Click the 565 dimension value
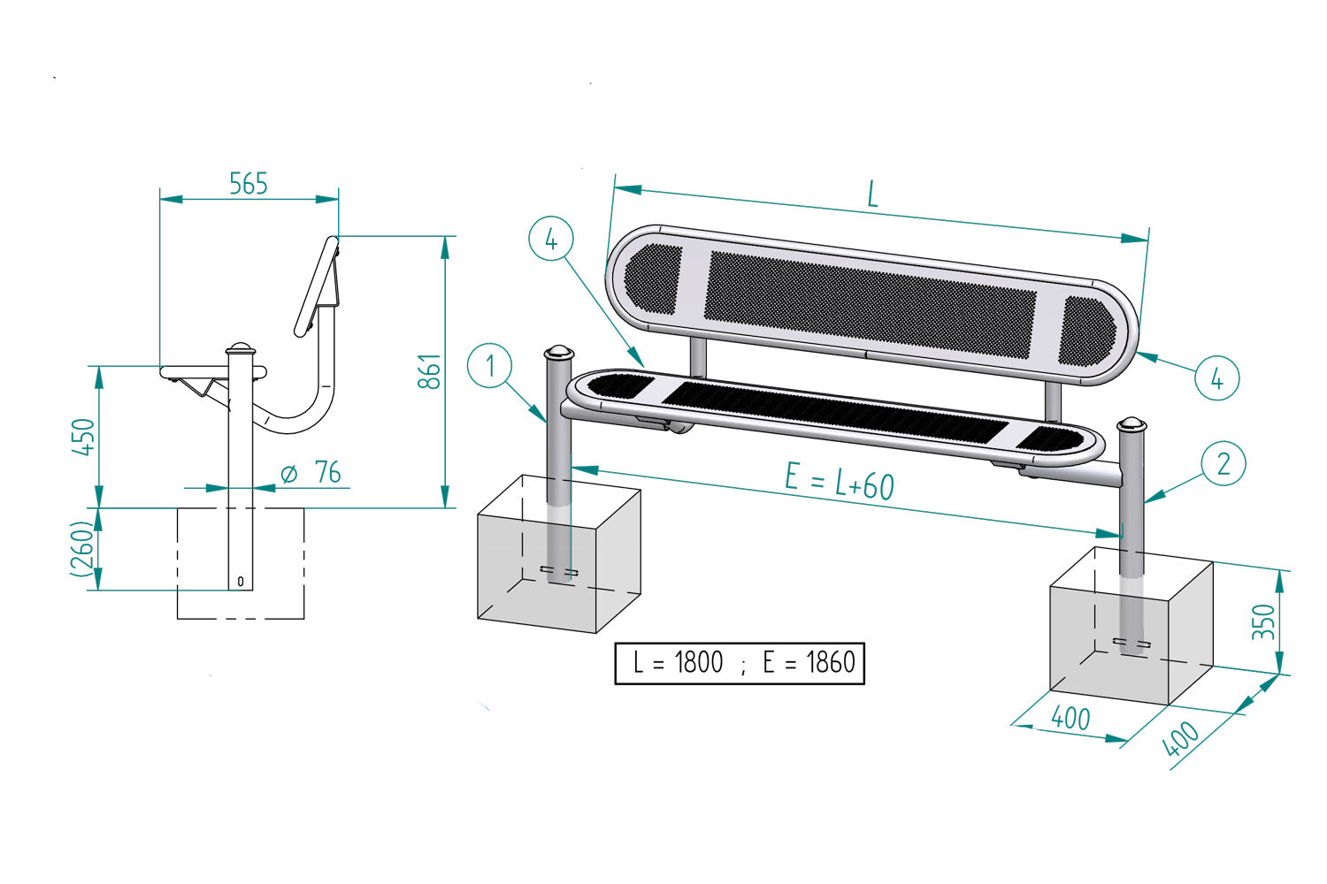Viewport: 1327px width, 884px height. click(x=248, y=184)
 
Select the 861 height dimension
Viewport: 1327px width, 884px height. click(x=428, y=371)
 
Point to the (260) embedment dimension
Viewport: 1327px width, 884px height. click(x=82, y=550)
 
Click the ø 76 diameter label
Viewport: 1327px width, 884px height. click(x=311, y=473)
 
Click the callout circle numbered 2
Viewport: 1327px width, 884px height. click(x=1223, y=464)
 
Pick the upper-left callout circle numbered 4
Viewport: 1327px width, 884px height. click(x=551, y=239)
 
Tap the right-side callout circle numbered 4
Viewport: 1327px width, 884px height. click(x=1216, y=378)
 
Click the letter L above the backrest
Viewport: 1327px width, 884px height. click(x=872, y=194)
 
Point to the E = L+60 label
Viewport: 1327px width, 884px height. click(x=839, y=482)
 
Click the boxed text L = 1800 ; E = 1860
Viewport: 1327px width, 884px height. click(x=740, y=663)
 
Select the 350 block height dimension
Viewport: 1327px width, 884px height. click(x=1265, y=621)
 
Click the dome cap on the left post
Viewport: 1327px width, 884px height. click(x=557, y=353)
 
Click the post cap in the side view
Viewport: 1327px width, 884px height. click(x=240, y=347)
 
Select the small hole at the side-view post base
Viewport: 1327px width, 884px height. click(x=240, y=582)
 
